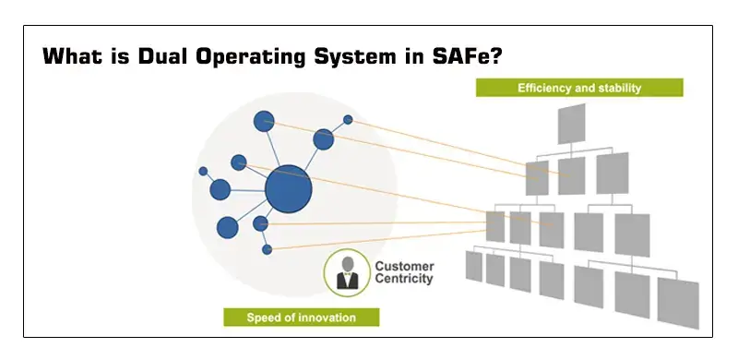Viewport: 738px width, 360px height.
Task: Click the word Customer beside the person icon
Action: coord(403,267)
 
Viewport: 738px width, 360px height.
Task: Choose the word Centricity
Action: coord(403,280)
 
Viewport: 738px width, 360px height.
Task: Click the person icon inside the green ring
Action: coord(348,274)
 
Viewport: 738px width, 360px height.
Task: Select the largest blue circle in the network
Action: coord(288,190)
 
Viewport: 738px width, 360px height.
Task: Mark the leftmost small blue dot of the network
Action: coord(203,171)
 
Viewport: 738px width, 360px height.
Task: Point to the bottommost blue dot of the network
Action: coord(268,249)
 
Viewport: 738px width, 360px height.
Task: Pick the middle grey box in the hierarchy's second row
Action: coord(571,173)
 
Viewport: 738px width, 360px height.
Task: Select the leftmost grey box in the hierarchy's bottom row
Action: coord(473,267)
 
